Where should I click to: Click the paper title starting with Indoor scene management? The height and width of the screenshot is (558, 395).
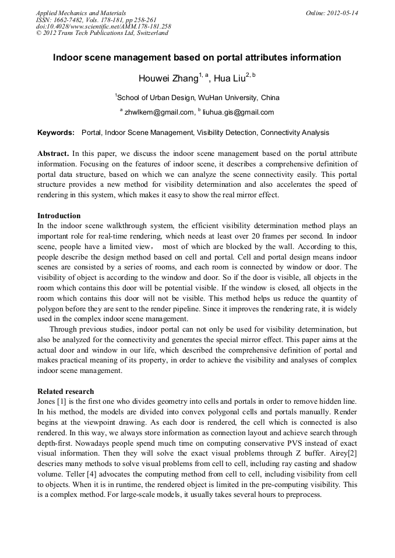pos(197,58)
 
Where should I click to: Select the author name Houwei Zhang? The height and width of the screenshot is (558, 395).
pos(168,79)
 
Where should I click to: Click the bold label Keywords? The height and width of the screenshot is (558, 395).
pos(56,133)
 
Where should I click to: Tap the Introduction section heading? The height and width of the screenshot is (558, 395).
pos(59,216)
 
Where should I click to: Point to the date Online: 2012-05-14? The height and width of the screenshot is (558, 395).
pos(332,12)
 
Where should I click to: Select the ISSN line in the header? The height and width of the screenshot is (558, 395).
pos(96,19)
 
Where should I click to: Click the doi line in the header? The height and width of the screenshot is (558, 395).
pos(104,26)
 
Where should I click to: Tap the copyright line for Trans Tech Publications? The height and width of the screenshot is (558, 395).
pos(102,33)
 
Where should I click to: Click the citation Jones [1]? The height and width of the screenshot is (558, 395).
pos(51,402)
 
